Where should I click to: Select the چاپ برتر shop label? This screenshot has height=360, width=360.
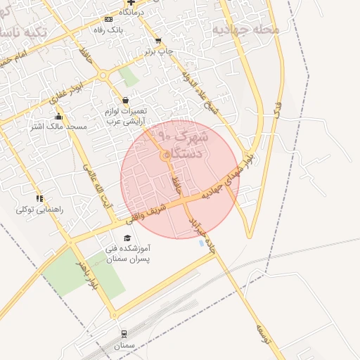pyautogui.click(x=158, y=51)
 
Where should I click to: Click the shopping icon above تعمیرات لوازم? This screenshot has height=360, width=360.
pyautogui.click(x=125, y=101)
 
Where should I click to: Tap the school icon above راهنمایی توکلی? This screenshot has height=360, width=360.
pyautogui.click(x=40, y=199)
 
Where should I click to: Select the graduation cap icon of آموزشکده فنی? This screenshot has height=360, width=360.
pyautogui.click(x=127, y=238)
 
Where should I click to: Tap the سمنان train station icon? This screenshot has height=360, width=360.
pyautogui.click(x=124, y=333)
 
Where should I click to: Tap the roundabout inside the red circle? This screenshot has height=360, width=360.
pyautogui.click(x=165, y=155)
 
